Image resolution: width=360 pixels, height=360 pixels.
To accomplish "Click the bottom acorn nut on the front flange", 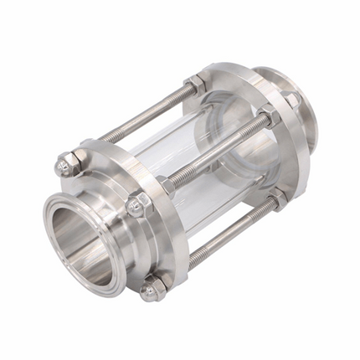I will tap(149, 291).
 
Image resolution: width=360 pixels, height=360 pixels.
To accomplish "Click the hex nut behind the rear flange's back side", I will tap(293, 101).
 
